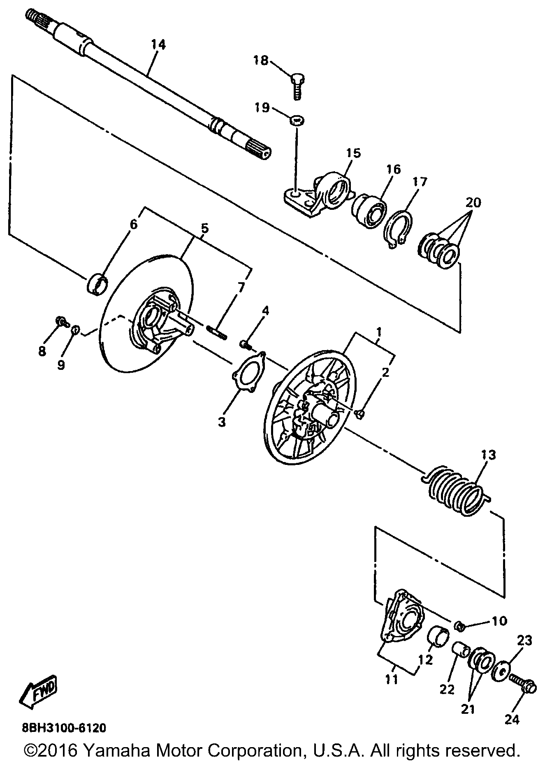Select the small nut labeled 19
click(296, 121)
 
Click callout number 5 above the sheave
click(204, 228)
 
